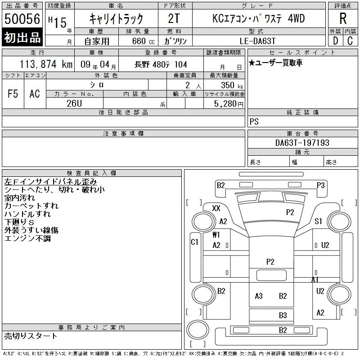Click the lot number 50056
coord(22,18)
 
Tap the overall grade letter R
coord(343,18)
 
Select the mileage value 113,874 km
coord(46,64)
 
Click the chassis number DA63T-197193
coord(302,143)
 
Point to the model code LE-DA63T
coord(257,41)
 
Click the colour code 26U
coord(74,103)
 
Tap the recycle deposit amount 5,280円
coord(229,104)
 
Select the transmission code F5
coord(13,94)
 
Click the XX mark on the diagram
coord(216,208)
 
